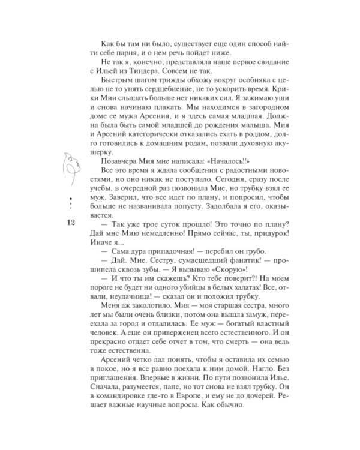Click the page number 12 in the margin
point(67,223)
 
